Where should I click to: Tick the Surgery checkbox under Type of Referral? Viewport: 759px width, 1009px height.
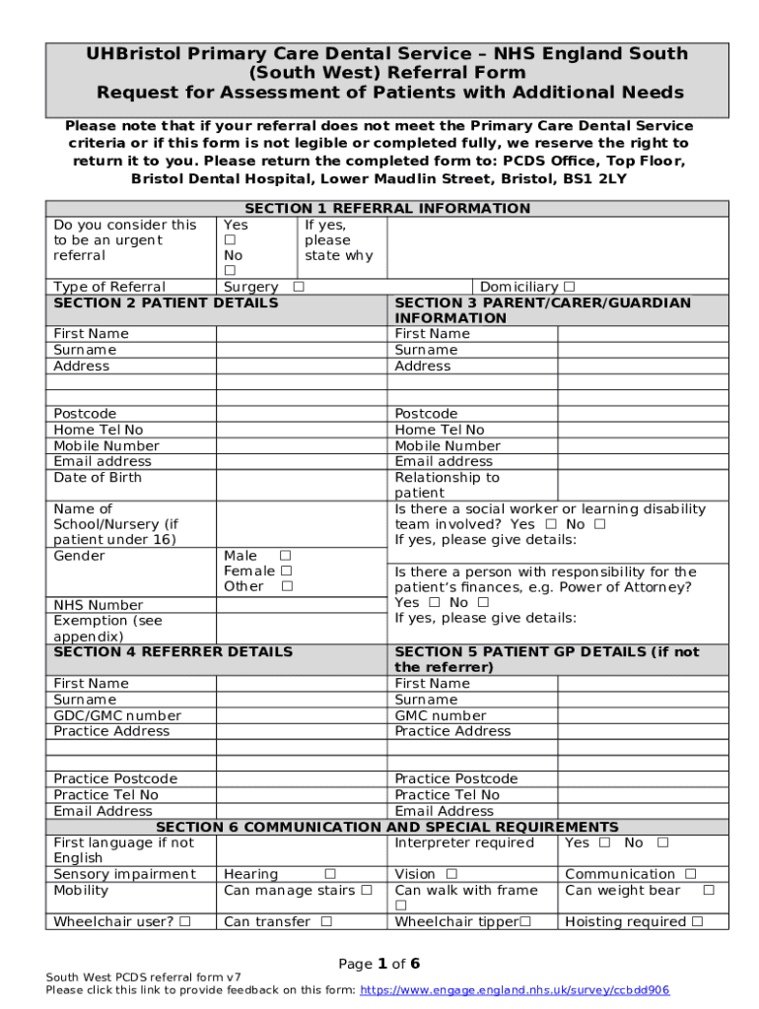click(x=298, y=287)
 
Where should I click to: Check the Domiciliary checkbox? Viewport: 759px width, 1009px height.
click(x=569, y=287)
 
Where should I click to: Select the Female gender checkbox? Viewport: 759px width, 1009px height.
click(x=286, y=571)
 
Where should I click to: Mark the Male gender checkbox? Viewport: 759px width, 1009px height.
click(x=286, y=556)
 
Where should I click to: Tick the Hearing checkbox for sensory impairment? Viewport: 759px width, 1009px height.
click(x=330, y=874)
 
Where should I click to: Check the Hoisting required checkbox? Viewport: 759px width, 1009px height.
click(x=697, y=922)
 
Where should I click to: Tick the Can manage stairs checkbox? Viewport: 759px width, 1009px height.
click(x=366, y=890)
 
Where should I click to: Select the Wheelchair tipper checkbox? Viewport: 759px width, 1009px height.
click(x=525, y=922)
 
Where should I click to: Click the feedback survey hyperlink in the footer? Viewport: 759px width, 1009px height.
click(x=515, y=990)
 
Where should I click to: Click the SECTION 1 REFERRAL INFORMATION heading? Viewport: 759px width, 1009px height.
click(x=386, y=208)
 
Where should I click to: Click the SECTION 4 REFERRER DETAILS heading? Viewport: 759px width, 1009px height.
click(x=172, y=651)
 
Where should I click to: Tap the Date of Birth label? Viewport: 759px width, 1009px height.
click(x=98, y=477)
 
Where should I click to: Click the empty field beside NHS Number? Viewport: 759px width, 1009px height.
click(x=300, y=604)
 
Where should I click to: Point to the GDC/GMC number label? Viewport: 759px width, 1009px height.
click(x=117, y=715)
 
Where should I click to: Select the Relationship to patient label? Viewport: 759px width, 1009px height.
click(x=447, y=485)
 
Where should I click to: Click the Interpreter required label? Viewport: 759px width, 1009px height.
click(x=464, y=842)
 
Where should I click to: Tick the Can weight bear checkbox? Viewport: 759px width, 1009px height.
click(x=708, y=890)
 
